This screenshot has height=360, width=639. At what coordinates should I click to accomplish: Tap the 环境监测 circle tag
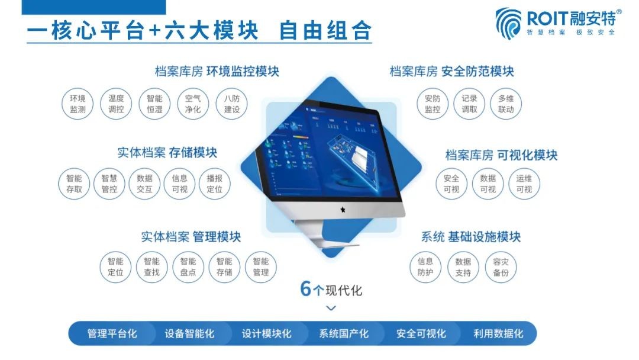[78, 104]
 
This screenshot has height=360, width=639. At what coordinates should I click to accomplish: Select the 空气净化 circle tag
[193, 104]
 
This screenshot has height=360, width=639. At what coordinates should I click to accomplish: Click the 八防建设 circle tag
[231, 104]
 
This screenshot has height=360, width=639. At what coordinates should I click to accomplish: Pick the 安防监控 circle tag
[433, 104]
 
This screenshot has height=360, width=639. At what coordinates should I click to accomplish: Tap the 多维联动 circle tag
[506, 104]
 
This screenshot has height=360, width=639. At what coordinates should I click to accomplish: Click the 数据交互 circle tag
[144, 184]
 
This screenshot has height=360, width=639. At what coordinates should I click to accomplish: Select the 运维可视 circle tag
[524, 184]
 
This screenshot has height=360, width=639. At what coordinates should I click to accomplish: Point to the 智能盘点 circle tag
[188, 266]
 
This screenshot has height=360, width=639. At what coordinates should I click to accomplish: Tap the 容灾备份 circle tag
[501, 266]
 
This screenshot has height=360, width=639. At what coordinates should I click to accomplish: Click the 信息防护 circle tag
[425, 266]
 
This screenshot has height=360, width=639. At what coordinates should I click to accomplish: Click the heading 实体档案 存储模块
[167, 153]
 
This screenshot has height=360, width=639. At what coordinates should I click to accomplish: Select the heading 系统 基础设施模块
[471, 237]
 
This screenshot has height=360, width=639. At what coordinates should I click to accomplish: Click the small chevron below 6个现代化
[331, 308]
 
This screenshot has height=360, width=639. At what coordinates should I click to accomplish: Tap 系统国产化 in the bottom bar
[343, 334]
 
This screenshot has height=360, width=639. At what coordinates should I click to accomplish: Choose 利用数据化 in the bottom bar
[498, 334]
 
